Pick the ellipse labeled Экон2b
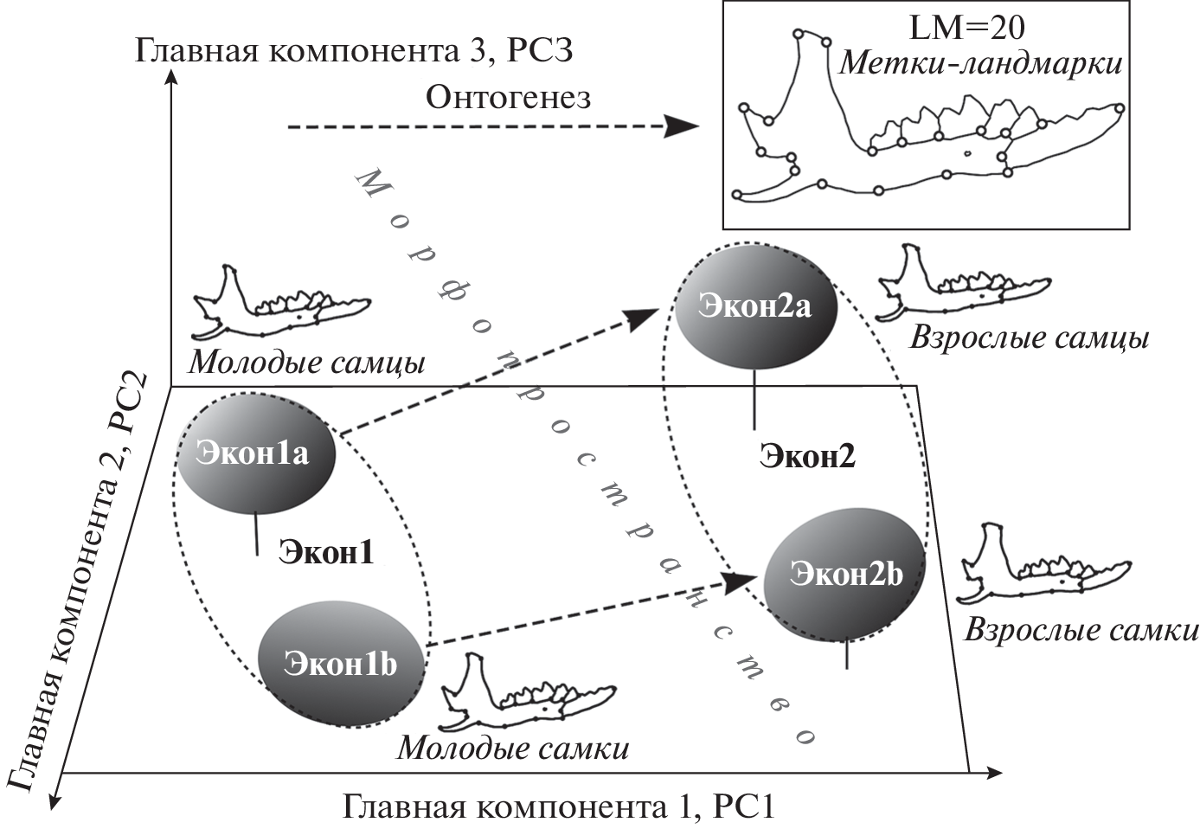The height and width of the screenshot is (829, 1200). (x=845, y=574)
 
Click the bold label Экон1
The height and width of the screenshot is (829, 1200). (x=326, y=551)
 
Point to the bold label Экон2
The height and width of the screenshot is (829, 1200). (x=807, y=456)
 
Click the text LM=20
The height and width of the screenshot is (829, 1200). (x=966, y=28)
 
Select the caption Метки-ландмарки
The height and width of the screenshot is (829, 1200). (x=980, y=63)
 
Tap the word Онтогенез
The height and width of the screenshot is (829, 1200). (x=509, y=97)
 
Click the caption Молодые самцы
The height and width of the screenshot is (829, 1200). (x=307, y=362)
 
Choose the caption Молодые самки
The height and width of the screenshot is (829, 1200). (x=513, y=747)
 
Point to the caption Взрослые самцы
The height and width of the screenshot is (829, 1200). (x=1029, y=337)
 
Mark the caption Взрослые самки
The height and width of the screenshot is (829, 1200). (x=1081, y=629)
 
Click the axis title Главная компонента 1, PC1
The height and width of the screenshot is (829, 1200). (x=559, y=807)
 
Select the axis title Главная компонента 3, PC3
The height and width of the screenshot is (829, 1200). (x=353, y=50)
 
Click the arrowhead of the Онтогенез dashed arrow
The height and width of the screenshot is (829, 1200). (x=682, y=127)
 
